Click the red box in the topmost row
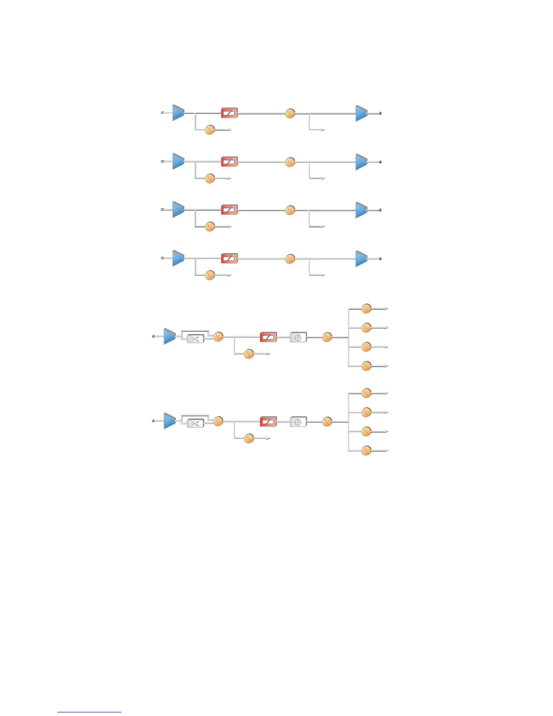click(229, 113)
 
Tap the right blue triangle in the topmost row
click(361, 113)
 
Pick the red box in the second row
click(229, 161)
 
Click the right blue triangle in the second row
click(361, 162)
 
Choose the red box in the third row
click(229, 210)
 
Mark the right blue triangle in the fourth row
click(361, 259)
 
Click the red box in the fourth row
click(229, 258)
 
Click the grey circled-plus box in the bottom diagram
click(298, 422)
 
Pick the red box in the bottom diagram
click(268, 422)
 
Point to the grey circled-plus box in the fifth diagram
click(298, 337)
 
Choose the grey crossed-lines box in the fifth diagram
click(195, 339)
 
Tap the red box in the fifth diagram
click(268, 337)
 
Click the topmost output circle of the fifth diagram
click(366, 309)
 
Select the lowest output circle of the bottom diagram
click(366, 451)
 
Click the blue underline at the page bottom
click(89, 712)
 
